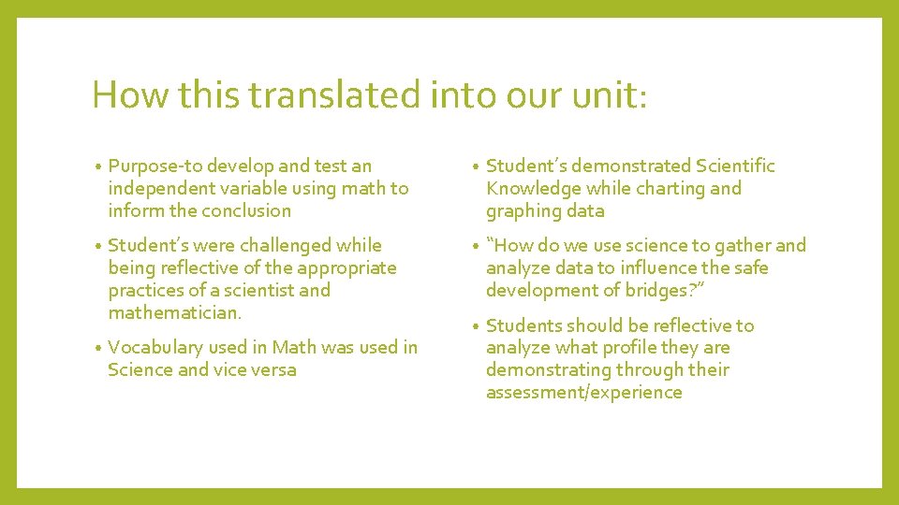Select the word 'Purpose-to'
click(x=155, y=166)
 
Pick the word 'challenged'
click(x=287, y=246)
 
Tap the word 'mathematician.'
click(x=175, y=312)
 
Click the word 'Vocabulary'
click(x=155, y=348)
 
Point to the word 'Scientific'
click(x=735, y=166)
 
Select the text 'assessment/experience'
click(x=583, y=393)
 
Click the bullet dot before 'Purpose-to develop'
click(x=99, y=167)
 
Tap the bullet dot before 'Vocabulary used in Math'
click(x=99, y=349)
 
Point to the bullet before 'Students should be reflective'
click(x=477, y=326)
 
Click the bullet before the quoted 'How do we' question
click(x=477, y=247)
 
